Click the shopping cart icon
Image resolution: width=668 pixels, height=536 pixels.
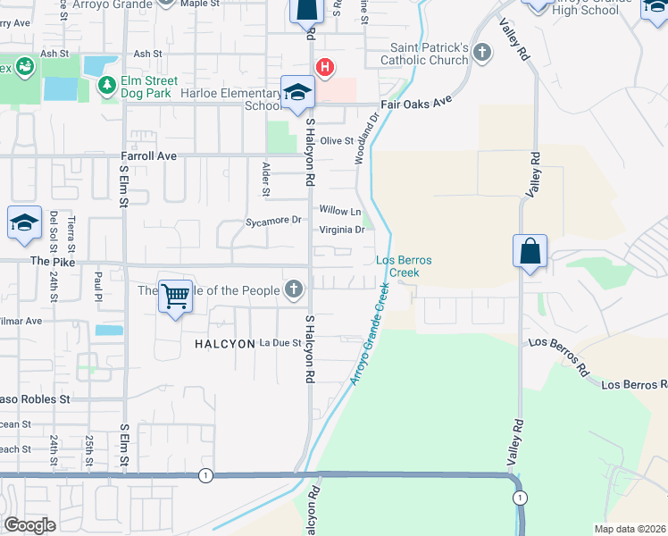176,296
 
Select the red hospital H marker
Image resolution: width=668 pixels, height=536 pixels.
326,67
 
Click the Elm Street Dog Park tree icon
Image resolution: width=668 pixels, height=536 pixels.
107,85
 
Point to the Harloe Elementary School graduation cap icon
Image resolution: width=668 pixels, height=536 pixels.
297,93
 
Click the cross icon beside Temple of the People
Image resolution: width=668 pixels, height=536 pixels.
293,289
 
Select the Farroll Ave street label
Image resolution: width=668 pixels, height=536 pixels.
149,156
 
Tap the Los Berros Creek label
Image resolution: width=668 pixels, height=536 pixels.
404,265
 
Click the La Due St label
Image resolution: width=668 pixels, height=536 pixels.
280,343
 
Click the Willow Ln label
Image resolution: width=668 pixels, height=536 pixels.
340,212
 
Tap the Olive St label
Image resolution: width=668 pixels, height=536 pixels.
338,140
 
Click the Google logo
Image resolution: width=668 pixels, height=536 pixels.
29,524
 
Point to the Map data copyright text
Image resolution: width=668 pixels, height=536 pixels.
630,529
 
